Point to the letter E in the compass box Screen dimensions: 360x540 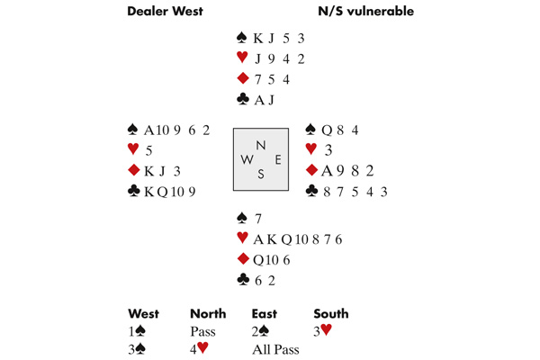pyautogui.click(x=277, y=160)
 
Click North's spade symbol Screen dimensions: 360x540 pyautogui.click(x=241, y=38)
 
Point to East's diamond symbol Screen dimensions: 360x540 pyautogui.click(x=311, y=170)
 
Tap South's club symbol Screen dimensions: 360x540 pyautogui.click(x=241, y=280)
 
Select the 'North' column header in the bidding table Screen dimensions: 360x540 pyautogui.click(x=207, y=314)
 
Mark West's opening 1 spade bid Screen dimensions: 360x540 pyautogui.click(x=140, y=331)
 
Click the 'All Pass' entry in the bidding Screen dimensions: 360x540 pyautogui.click(x=275, y=348)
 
